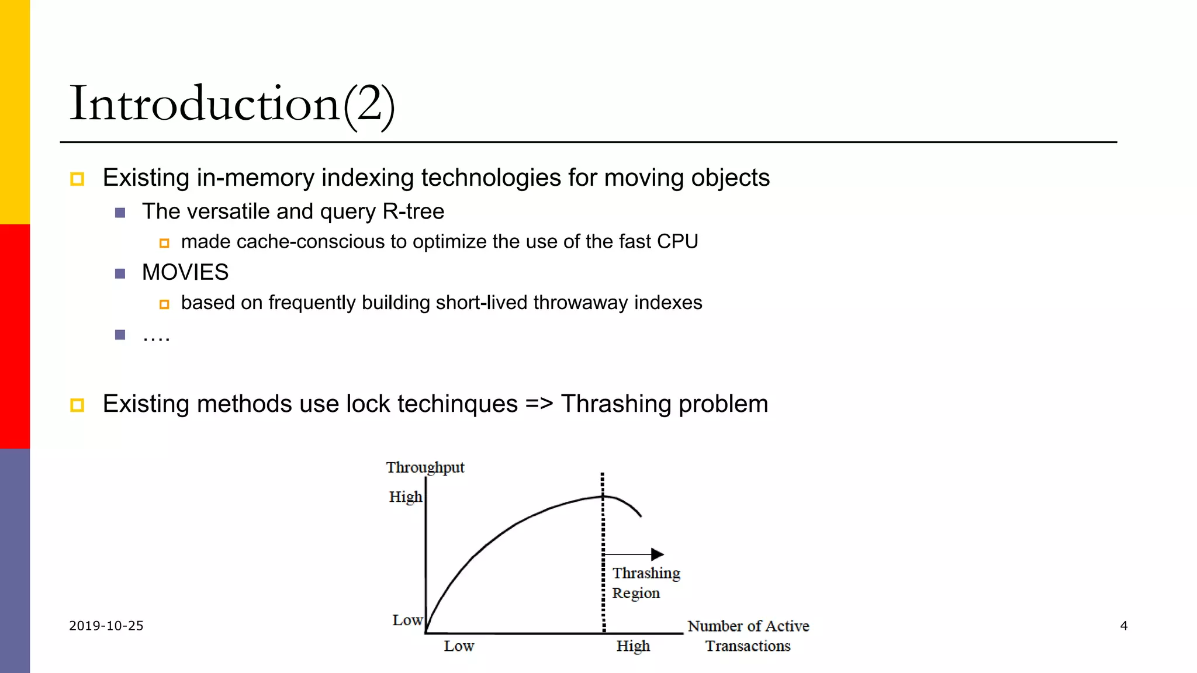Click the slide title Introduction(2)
[x=232, y=104]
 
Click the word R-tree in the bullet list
[x=413, y=211]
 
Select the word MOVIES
[x=185, y=272]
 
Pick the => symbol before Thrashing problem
[x=539, y=404]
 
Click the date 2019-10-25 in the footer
[x=106, y=626]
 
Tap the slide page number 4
[x=1123, y=626]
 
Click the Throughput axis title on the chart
[x=425, y=467]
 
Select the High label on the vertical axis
[x=405, y=497]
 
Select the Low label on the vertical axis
[x=407, y=620]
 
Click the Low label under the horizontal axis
[x=459, y=646]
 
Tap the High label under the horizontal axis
[x=633, y=646]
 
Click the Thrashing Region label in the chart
[x=645, y=583]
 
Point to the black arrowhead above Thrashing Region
[x=658, y=554]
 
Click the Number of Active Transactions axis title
[x=748, y=636]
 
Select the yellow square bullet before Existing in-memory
[x=77, y=179]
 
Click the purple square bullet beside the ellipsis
[x=120, y=335]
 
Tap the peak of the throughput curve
[x=603, y=497]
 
